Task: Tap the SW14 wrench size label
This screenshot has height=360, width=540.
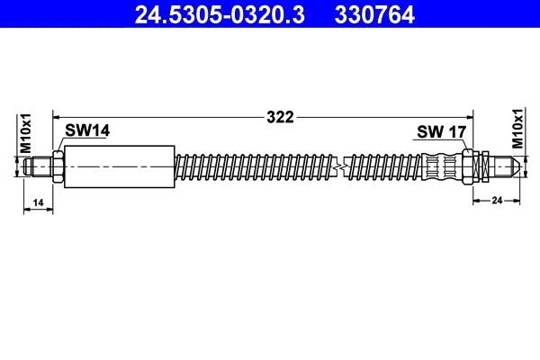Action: click(x=87, y=131)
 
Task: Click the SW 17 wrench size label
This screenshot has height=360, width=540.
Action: click(x=441, y=132)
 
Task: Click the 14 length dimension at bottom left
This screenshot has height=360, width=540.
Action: click(x=38, y=203)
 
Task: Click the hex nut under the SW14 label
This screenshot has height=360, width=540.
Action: click(x=58, y=166)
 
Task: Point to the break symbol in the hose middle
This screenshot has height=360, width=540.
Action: click(x=339, y=166)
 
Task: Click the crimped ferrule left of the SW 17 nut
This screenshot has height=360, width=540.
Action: click(x=442, y=166)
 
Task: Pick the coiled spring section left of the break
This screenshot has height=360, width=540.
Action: click(x=252, y=166)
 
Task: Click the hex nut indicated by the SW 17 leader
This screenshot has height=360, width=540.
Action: click(x=469, y=166)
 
